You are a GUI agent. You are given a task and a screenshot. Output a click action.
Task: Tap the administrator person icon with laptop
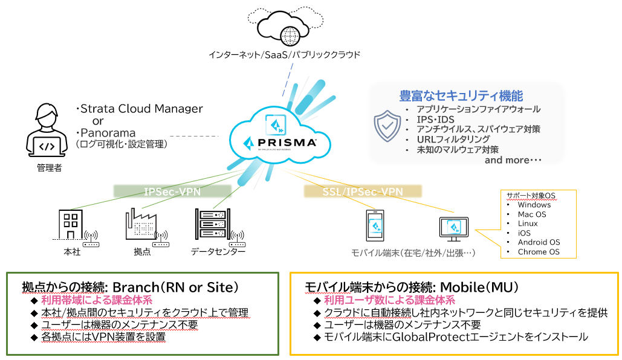coord(47,129)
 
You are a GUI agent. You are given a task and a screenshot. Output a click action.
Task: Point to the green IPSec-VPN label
coord(172,191)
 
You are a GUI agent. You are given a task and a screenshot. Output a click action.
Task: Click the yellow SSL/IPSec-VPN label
coord(362,191)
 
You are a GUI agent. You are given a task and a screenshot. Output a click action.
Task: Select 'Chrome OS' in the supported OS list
coord(539,252)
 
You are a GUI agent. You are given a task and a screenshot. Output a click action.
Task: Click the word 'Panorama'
coord(108,133)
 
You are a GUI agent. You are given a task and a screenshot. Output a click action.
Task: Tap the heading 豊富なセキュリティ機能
coord(461,95)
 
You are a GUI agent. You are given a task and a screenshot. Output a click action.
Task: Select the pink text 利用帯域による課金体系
coord(96,300)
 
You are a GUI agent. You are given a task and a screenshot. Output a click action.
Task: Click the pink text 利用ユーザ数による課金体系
coord(389,300)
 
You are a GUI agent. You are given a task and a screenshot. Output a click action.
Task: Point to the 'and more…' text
coord(513,160)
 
